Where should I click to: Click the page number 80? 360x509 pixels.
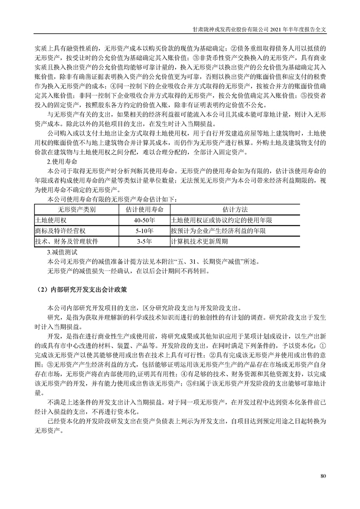[323, 476]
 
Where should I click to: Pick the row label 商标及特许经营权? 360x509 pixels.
[60, 230]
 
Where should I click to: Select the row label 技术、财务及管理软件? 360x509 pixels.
[66, 241]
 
